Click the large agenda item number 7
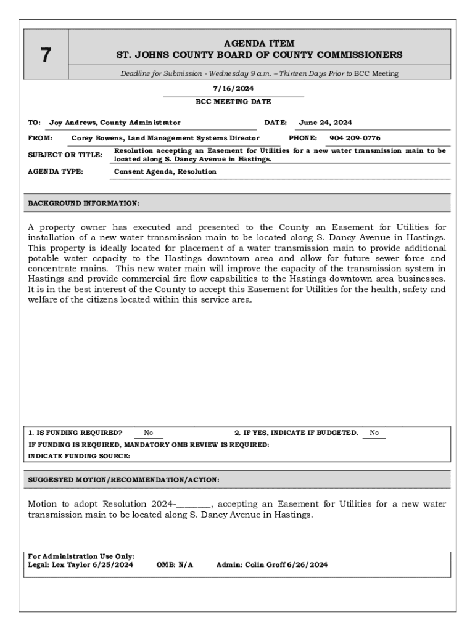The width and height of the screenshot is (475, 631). click(x=46, y=55)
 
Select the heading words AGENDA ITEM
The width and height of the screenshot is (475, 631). click(x=259, y=44)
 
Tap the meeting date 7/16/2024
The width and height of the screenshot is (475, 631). click(x=233, y=89)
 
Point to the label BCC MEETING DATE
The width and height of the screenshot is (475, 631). click(x=233, y=102)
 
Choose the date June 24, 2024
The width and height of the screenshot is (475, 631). click(x=325, y=123)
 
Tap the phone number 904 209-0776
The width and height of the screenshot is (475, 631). click(x=355, y=139)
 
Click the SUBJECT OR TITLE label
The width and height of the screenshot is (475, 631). click(x=65, y=155)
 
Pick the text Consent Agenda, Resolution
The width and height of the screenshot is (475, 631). click(x=165, y=172)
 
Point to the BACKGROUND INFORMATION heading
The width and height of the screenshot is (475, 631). click(x=84, y=203)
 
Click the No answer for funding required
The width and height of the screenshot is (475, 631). click(x=149, y=433)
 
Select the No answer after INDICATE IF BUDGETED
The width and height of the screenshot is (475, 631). click(x=374, y=433)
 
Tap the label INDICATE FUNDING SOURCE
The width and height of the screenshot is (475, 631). click(x=79, y=456)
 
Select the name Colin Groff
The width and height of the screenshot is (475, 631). click(x=265, y=564)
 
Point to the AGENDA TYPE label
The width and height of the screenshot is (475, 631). click(x=56, y=172)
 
